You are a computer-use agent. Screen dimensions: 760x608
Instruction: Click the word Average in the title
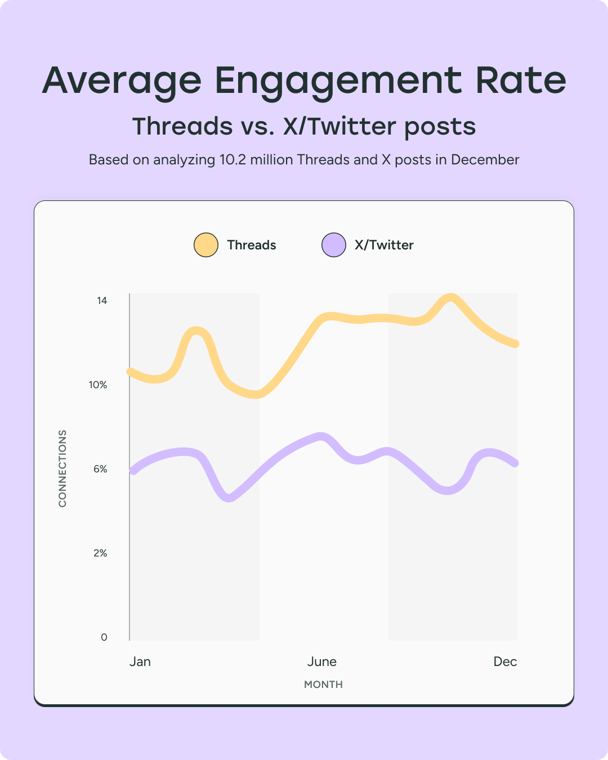click(122, 81)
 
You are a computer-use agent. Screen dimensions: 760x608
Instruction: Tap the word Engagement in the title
click(338, 81)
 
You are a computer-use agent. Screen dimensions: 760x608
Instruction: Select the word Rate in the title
click(520, 81)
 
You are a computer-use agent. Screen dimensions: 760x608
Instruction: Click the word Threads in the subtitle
click(182, 126)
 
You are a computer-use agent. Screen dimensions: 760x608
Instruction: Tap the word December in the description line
click(485, 160)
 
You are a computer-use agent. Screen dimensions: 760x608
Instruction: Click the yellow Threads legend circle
click(206, 245)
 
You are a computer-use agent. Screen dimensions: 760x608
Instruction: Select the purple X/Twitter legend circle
click(334, 245)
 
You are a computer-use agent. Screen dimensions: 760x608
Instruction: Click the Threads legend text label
click(252, 245)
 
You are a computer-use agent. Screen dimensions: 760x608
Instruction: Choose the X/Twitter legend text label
click(384, 245)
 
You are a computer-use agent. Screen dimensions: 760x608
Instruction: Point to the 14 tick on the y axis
click(102, 301)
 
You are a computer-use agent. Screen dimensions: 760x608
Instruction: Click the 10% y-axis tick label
click(98, 385)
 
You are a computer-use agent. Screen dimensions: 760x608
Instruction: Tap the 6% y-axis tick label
click(100, 469)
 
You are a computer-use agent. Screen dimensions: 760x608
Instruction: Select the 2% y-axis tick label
click(100, 553)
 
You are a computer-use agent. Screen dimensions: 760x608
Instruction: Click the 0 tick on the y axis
click(104, 637)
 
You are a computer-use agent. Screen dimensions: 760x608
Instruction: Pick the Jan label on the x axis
click(140, 661)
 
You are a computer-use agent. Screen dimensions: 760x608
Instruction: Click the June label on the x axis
click(322, 661)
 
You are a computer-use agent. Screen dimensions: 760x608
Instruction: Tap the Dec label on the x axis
click(505, 661)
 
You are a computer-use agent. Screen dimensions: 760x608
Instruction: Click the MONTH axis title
click(323, 685)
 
